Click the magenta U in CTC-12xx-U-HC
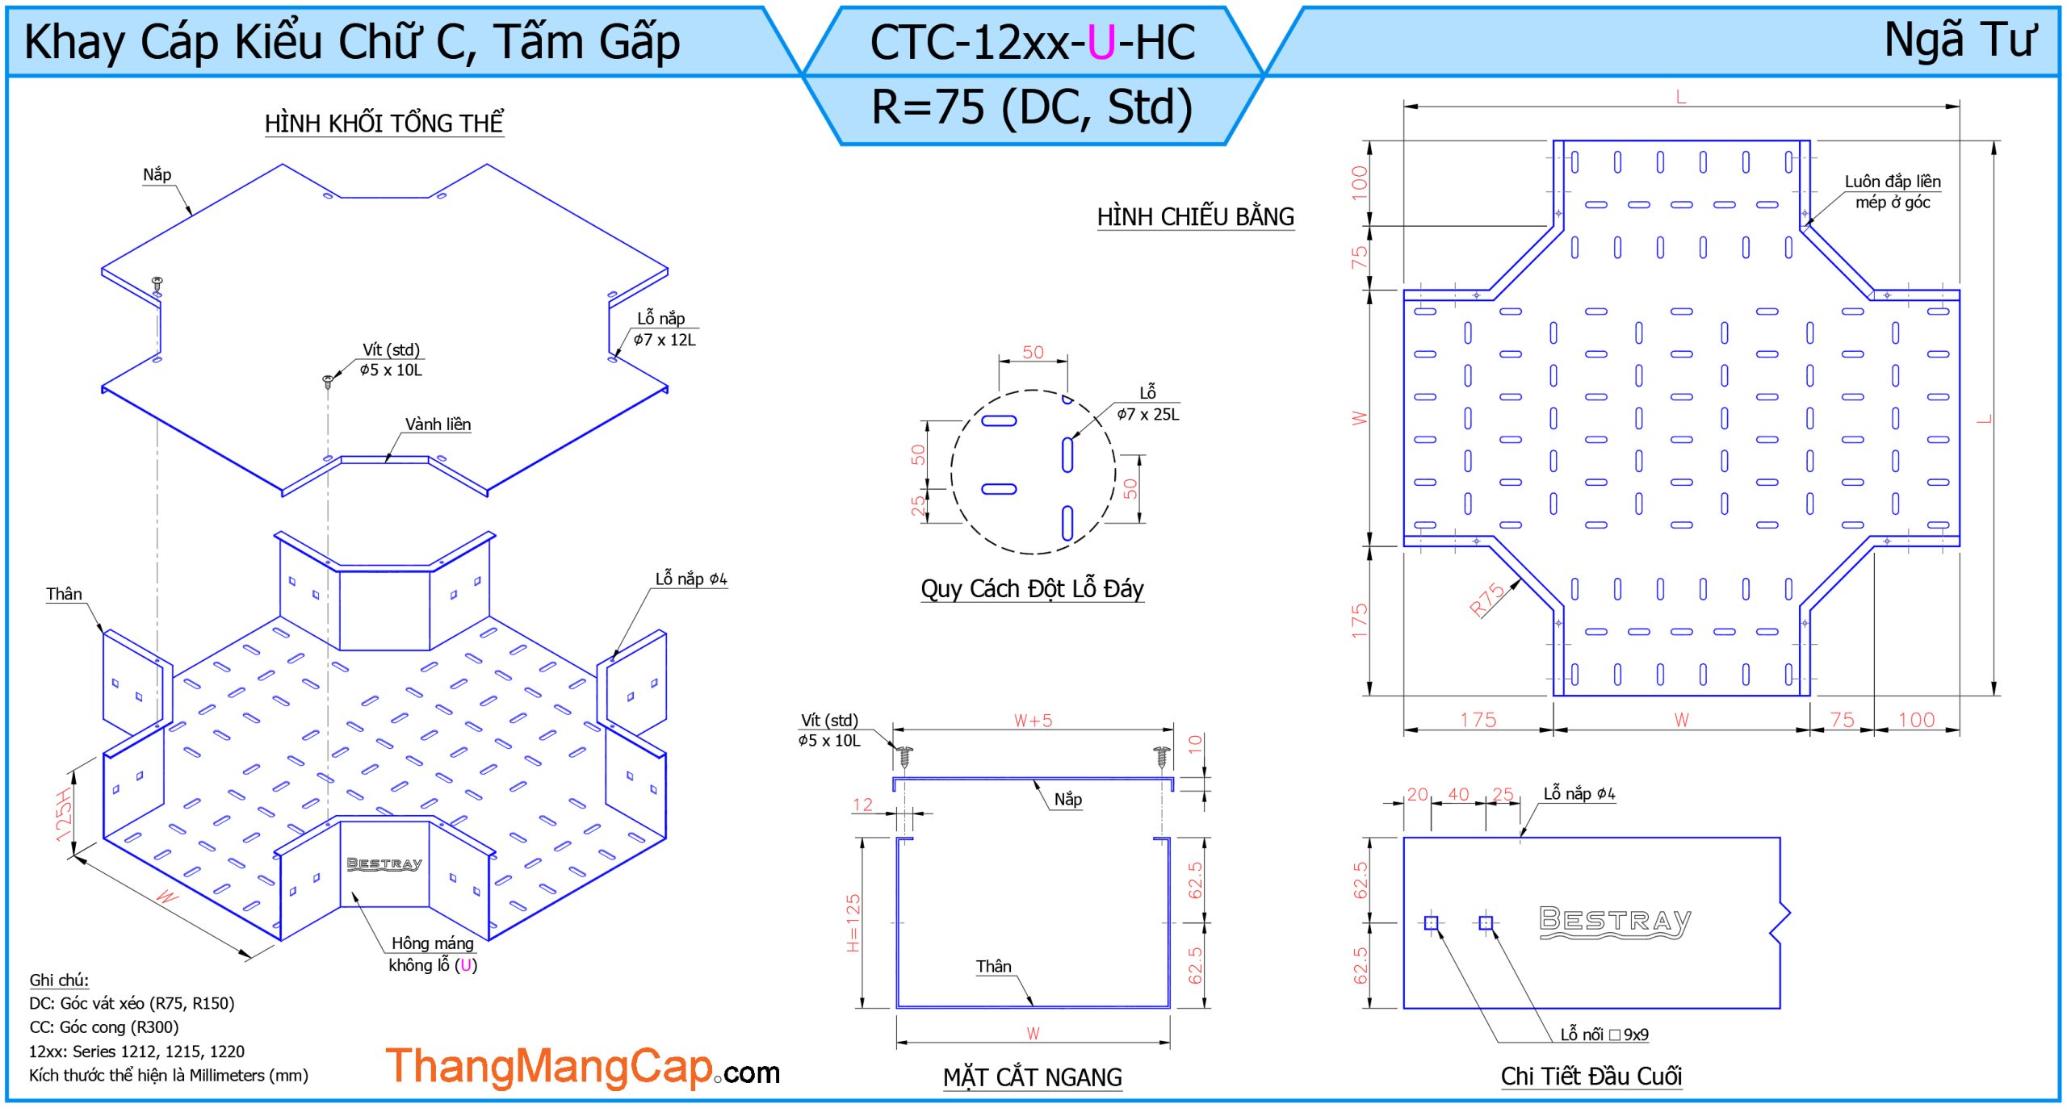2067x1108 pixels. point(1101,43)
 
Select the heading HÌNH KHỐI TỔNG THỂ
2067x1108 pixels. point(384,123)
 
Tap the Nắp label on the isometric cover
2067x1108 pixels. point(157,174)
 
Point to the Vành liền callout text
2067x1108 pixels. point(438,424)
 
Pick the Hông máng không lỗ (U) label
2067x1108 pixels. point(433,954)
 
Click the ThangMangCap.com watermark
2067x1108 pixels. point(581,1067)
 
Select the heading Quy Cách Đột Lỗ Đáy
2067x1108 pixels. point(1032,589)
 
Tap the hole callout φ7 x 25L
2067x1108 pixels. point(1147,414)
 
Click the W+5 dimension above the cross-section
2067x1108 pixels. point(1033,721)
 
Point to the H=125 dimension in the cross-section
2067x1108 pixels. point(853,922)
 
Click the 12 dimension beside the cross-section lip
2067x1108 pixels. point(862,805)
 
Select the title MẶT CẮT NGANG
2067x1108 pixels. point(1032,1077)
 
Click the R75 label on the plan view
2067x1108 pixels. point(1486,599)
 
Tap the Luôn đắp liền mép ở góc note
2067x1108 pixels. point(1892,192)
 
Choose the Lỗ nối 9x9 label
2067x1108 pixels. point(1604,1035)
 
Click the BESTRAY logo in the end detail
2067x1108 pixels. point(1614,922)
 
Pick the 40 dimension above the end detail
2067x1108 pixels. point(1458,794)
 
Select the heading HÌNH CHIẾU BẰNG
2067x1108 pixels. point(1195,217)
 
